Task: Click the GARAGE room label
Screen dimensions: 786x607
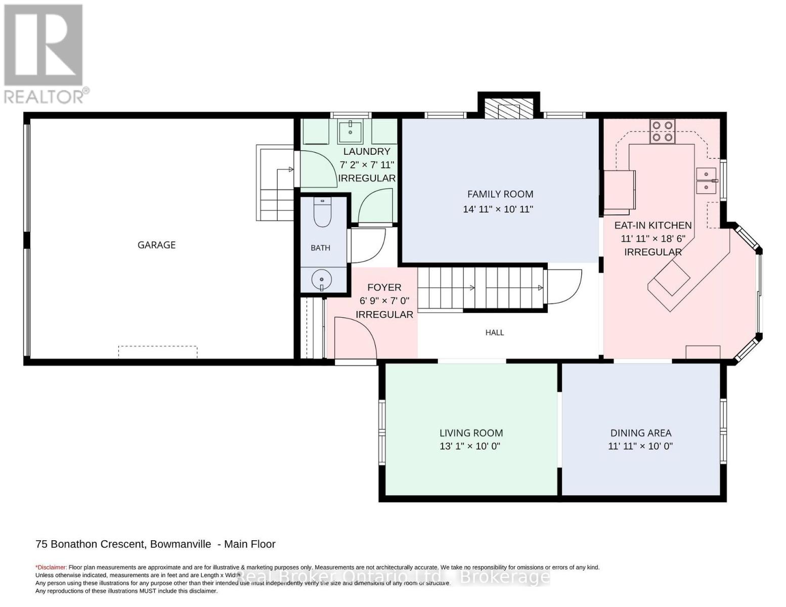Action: (x=156, y=245)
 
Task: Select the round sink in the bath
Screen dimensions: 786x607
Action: (x=322, y=280)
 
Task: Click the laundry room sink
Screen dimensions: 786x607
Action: (x=350, y=132)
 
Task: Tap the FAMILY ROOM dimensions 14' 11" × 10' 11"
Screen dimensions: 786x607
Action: (x=498, y=209)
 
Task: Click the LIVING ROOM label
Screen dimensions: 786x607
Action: (x=471, y=433)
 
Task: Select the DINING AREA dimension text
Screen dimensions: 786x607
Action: (x=640, y=446)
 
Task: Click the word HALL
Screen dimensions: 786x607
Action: (x=495, y=332)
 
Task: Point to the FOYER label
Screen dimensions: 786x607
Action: (x=384, y=288)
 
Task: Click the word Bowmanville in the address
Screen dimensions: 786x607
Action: (x=181, y=544)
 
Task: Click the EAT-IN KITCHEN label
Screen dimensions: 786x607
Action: (x=653, y=226)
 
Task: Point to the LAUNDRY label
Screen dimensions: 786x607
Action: (x=366, y=151)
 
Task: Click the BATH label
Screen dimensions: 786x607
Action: (x=321, y=248)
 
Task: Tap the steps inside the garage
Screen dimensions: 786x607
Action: (x=275, y=183)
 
